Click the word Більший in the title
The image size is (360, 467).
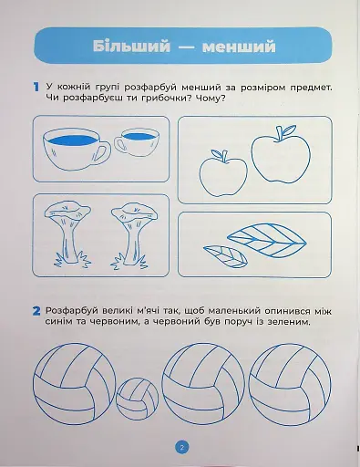tap(131, 47)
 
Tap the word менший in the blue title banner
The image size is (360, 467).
tap(239, 47)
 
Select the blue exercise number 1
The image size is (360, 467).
tap(36, 87)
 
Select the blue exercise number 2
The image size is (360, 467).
tap(36, 311)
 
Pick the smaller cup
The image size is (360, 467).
tap(137, 143)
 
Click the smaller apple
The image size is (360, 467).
tap(223, 173)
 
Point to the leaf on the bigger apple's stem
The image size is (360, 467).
tap(289, 130)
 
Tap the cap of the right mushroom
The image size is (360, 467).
tap(134, 212)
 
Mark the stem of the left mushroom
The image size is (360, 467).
tap(67, 240)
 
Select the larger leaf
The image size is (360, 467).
tap(267, 240)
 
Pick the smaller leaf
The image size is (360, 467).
tap(225, 256)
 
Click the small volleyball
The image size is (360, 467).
tap(138, 399)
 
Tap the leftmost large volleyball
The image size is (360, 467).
tap(75, 384)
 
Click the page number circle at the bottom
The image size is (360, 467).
tap(181, 447)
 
